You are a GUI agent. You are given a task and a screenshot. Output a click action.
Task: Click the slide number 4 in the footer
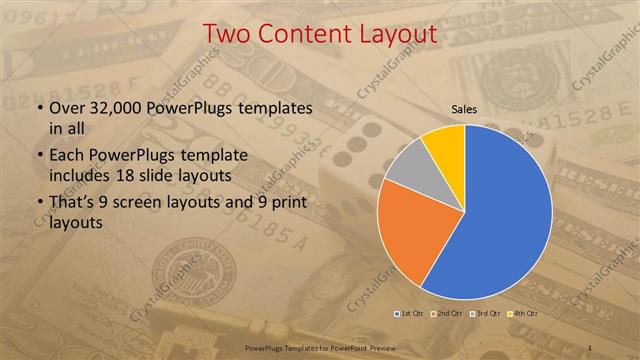tap(592, 347)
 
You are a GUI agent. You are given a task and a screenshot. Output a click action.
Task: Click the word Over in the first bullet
tap(68, 107)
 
